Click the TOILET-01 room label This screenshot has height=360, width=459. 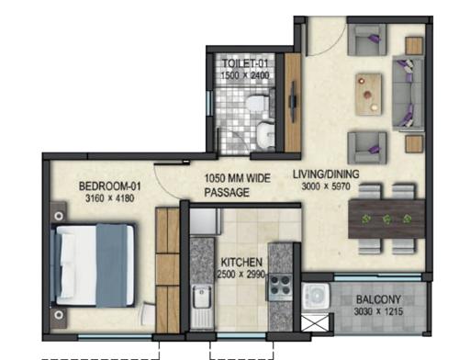243,64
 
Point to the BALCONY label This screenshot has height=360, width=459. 375,298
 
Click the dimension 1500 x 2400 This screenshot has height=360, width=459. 243,76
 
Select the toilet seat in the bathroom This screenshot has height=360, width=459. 263,134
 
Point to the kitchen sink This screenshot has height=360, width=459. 202,297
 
